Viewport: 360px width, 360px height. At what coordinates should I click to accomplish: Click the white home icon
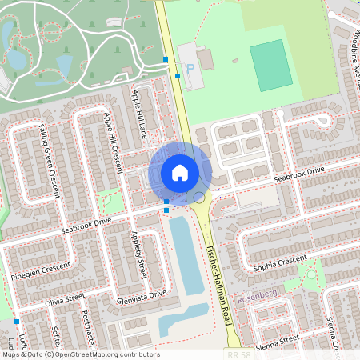pyautogui.click(x=180, y=173)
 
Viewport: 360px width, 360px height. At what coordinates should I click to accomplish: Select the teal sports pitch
pyautogui.click(x=271, y=65)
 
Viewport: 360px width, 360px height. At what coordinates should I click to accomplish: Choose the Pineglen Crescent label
pyautogui.click(x=35, y=270)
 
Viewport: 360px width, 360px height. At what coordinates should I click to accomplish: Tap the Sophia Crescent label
pyautogui.click(x=279, y=262)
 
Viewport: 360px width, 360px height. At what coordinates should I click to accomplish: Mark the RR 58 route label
pyautogui.click(x=238, y=354)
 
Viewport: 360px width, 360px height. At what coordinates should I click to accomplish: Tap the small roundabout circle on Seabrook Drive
pyautogui.click(x=198, y=197)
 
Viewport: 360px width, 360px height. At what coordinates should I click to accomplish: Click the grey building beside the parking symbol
pyautogui.click(x=205, y=59)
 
